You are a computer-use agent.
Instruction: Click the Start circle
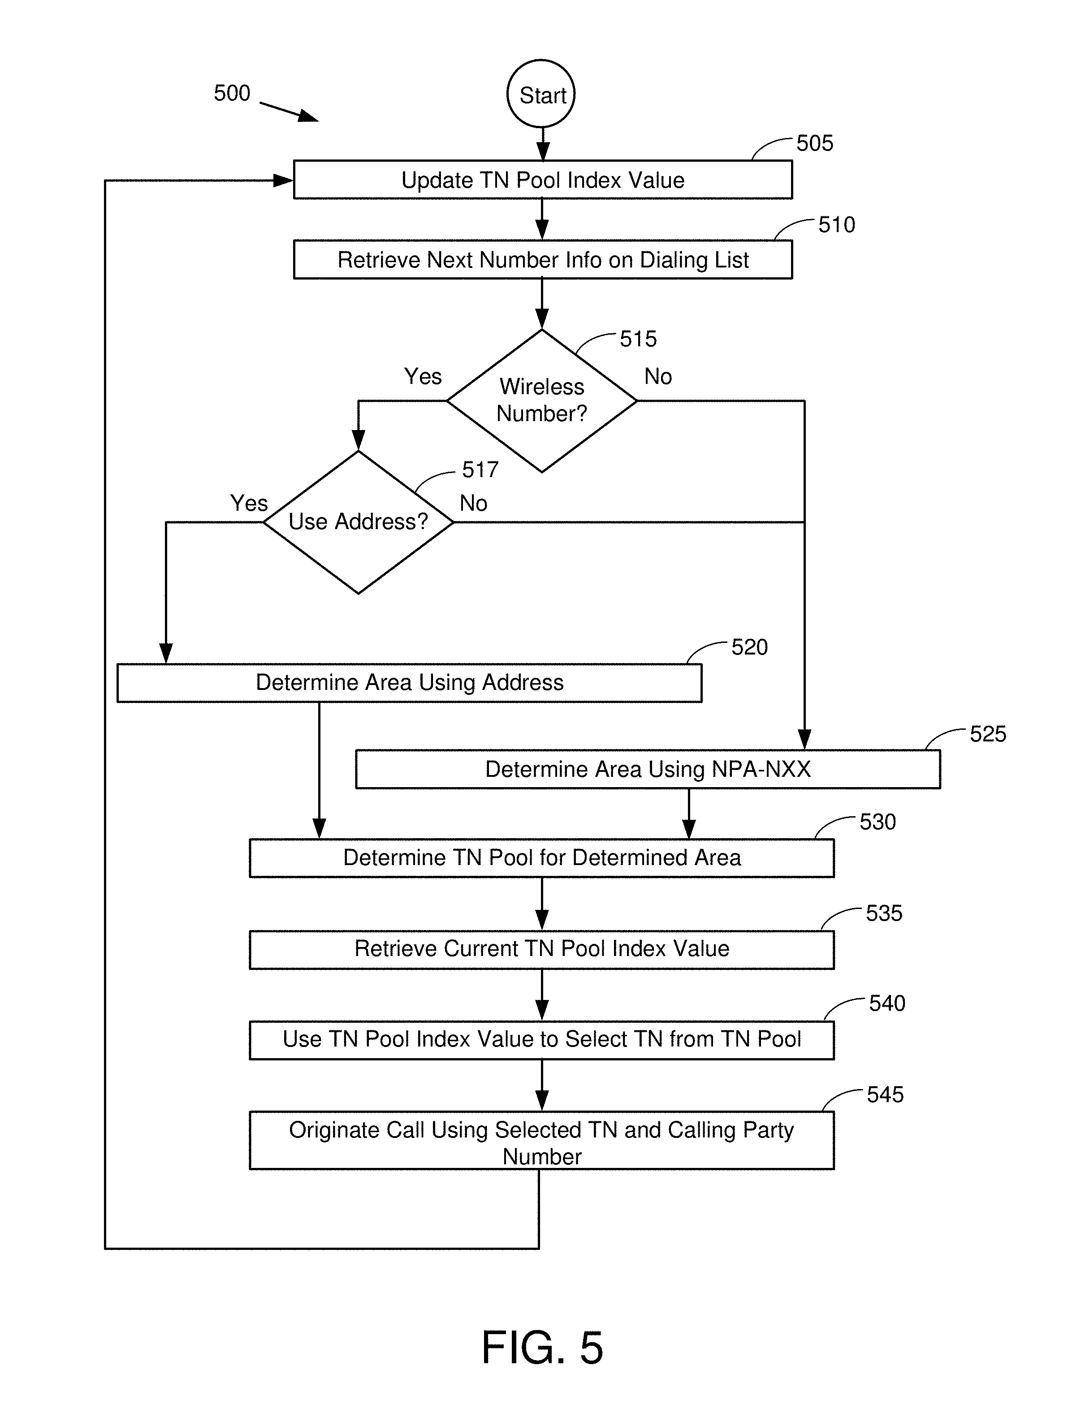click(541, 94)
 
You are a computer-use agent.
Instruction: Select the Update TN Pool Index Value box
click(543, 180)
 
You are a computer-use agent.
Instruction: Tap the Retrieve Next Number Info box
click(543, 259)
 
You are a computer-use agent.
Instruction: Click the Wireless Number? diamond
click(541, 401)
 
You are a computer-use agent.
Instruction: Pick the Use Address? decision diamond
click(358, 522)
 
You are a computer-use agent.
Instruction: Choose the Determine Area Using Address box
click(409, 683)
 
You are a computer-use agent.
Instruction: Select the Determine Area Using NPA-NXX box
click(648, 769)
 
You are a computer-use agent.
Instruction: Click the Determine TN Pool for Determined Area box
click(541, 858)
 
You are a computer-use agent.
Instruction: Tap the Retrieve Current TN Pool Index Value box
click(541, 949)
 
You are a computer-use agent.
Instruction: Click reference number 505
click(814, 143)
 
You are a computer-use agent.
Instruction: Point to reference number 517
click(480, 469)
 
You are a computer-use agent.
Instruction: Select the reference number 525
click(987, 733)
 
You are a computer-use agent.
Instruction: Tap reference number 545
click(885, 1094)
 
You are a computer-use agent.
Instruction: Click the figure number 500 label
click(232, 94)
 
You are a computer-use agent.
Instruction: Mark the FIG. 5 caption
click(542, 1347)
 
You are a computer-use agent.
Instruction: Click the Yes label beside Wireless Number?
click(423, 376)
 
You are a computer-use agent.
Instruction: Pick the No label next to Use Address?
click(473, 503)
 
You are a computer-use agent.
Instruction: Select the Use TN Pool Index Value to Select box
click(541, 1039)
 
